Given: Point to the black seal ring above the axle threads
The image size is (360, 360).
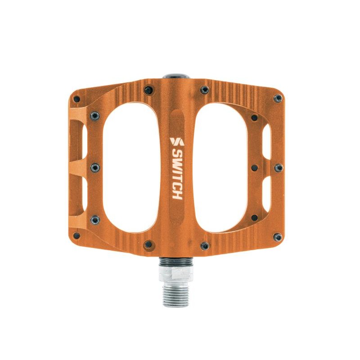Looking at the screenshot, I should pyautogui.click(x=176, y=261).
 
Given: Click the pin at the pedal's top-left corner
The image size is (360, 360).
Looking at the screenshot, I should pyautogui.click(x=77, y=99).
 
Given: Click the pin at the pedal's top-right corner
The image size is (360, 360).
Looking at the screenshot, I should pyautogui.click(x=279, y=98).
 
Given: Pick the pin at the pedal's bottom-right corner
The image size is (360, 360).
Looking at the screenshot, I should pyautogui.click(x=279, y=237).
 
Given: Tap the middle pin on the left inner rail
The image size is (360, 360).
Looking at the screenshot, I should pyautogui.click(x=95, y=167).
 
